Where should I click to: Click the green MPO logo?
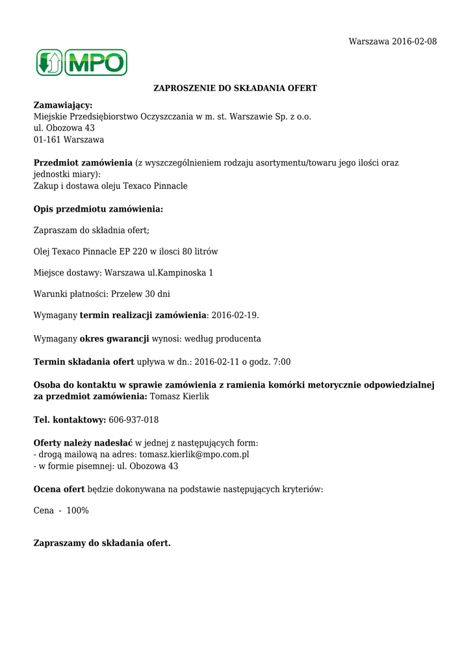pos(81,62)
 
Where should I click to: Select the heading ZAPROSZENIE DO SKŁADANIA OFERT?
pos(235,88)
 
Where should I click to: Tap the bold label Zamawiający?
pos(63,105)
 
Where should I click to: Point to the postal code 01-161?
pos(45,140)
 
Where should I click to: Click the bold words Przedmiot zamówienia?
pos(83,163)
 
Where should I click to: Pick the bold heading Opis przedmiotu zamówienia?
pos(98,209)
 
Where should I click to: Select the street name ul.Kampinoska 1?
pos(181,273)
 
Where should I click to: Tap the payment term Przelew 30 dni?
pos(140,294)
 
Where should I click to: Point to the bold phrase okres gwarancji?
pos(114,338)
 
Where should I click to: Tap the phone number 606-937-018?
pos(133,420)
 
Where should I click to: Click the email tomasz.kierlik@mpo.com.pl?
pos(194,455)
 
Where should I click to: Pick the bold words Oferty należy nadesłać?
pos(83,443)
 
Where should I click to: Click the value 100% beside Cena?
pos(77,510)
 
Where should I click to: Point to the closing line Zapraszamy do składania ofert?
pos(102,543)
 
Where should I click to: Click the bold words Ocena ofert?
pos(59,489)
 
